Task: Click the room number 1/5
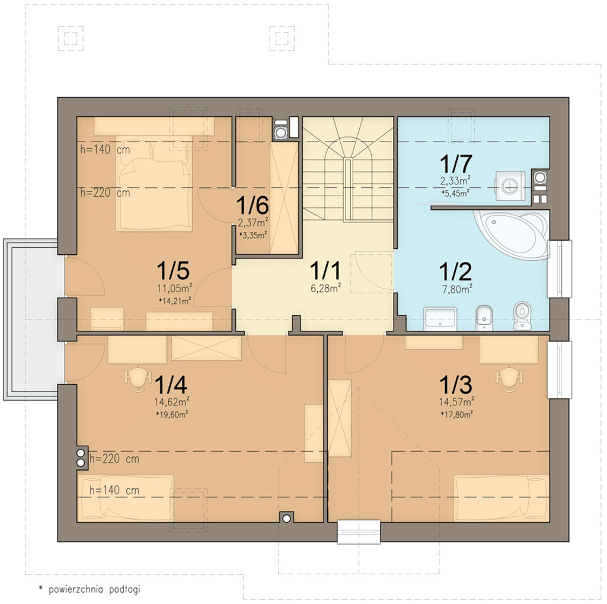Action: click(173, 270)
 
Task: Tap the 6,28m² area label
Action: click(325, 287)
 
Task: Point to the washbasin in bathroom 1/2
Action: click(440, 319)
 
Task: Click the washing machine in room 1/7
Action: click(509, 186)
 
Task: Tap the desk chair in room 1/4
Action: click(138, 379)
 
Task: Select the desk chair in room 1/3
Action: click(509, 379)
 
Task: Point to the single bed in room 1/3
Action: click(501, 498)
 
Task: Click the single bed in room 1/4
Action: click(126, 498)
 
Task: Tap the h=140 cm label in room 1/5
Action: click(105, 149)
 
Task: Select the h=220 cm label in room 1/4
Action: click(114, 459)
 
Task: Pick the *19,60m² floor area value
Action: click(172, 415)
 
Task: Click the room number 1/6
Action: click(253, 205)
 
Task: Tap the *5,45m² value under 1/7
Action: click(455, 193)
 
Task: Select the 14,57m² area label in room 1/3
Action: click(457, 401)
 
